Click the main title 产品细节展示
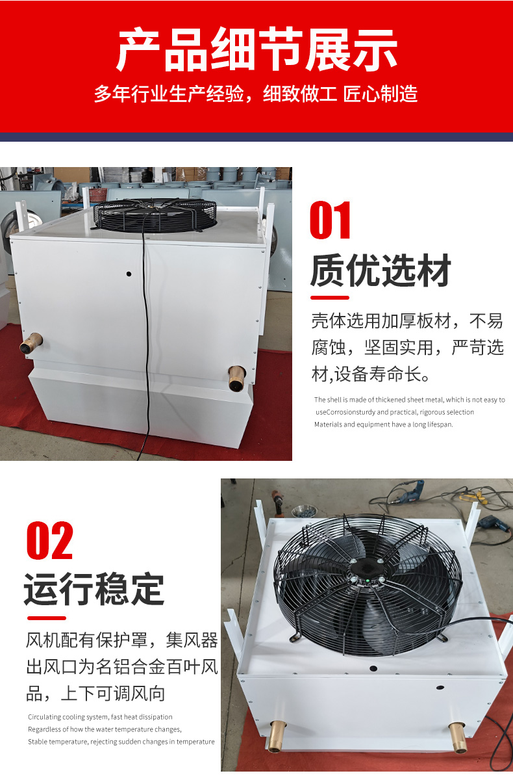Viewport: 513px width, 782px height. coord(256,49)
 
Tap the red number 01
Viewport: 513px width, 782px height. coord(330,220)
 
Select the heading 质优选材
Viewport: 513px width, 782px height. coord(381,270)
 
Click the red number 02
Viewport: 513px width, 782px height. coord(49,540)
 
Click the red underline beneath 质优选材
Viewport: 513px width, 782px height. coord(330,298)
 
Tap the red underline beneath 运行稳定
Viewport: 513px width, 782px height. coord(47,618)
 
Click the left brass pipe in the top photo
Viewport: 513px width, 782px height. coord(31,343)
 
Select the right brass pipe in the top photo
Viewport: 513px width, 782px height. coord(237,378)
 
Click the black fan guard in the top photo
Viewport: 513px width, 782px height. coord(155,215)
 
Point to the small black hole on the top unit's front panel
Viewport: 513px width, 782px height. coord(129,274)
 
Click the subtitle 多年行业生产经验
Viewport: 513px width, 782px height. coord(169,94)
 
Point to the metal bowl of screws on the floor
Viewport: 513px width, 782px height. coord(303,510)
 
